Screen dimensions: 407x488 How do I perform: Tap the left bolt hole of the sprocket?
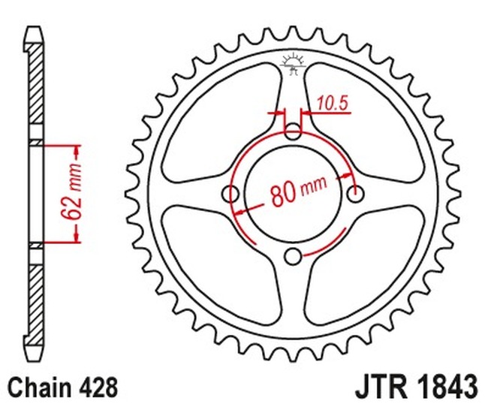232,194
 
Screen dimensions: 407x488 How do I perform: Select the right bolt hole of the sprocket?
355,194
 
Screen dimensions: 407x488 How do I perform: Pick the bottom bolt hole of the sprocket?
294,256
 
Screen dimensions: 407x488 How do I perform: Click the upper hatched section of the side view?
35,90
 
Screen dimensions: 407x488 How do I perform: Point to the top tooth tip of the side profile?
35,32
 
